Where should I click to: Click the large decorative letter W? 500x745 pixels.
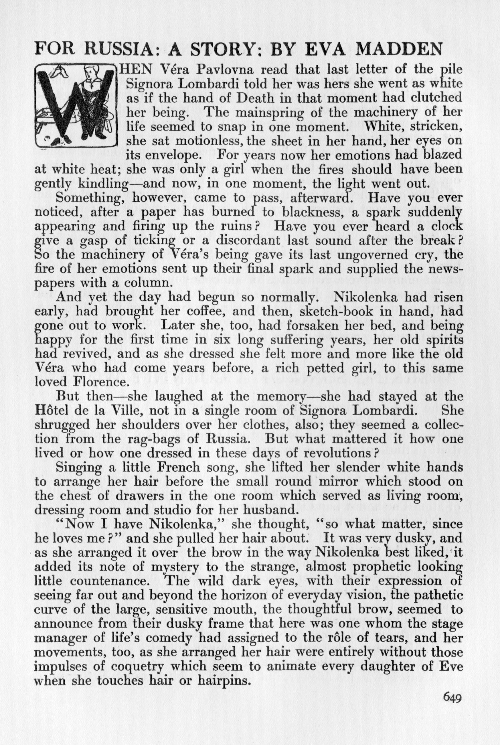(75, 105)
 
